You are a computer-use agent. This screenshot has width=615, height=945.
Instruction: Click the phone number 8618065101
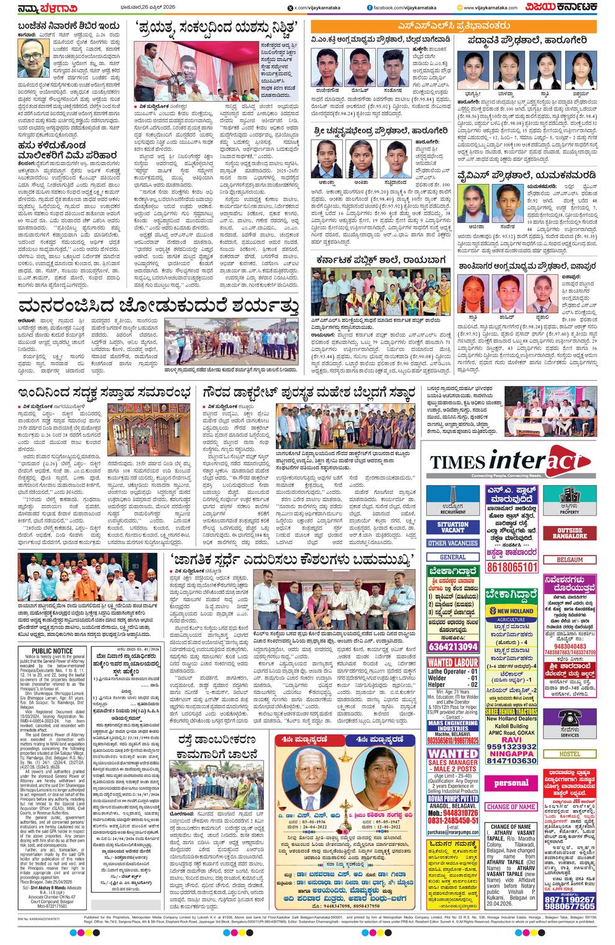pyautogui.click(x=512, y=567)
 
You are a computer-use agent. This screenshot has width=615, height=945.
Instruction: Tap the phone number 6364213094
pyautogui.click(x=452, y=646)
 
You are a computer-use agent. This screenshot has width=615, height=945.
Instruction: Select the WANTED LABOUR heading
pyautogui.click(x=453, y=662)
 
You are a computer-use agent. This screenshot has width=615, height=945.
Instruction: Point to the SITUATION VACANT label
pyautogui.click(x=452, y=527)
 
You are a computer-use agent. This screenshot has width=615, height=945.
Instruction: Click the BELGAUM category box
pyautogui.click(x=570, y=560)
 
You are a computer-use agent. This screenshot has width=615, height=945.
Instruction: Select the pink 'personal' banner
pyautogui.click(x=512, y=783)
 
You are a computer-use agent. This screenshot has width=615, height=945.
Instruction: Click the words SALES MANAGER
pyautogui.click(x=453, y=762)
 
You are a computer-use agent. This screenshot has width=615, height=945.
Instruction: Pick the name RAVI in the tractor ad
pyautogui.click(x=511, y=740)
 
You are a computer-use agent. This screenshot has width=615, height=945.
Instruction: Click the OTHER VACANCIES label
pyautogui.click(x=452, y=542)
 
